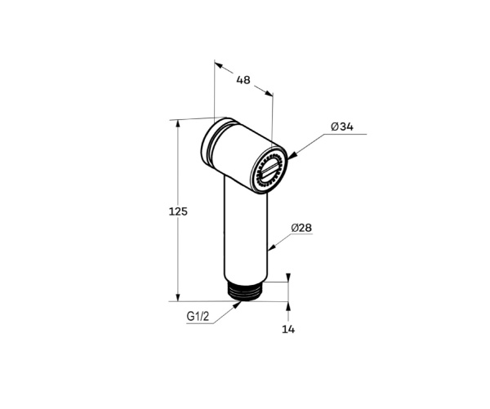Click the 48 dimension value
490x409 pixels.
(x=243, y=80)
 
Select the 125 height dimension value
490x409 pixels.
(x=178, y=211)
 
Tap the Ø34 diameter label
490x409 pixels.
(x=342, y=127)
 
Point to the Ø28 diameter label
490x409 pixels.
(x=301, y=228)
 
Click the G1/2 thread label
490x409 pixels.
(x=198, y=317)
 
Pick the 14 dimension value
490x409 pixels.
(x=288, y=329)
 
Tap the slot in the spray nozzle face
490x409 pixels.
(x=269, y=171)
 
